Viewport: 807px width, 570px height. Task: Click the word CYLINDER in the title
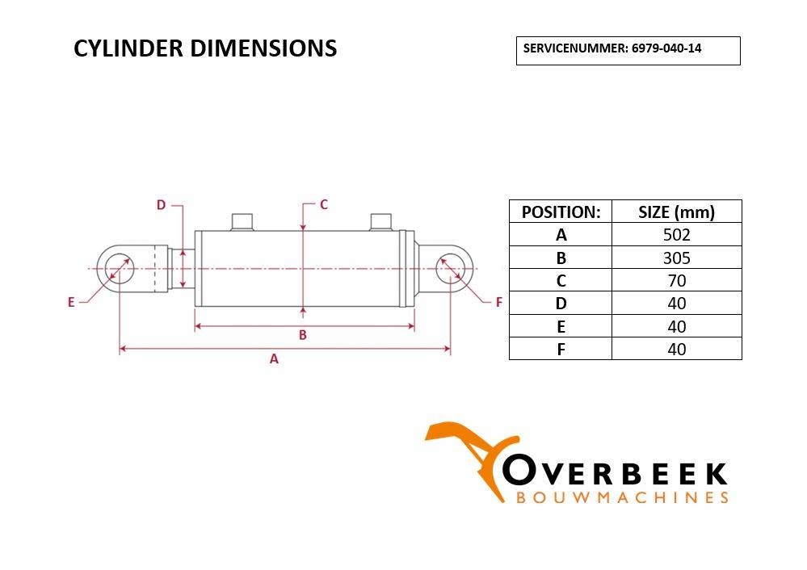click(x=128, y=48)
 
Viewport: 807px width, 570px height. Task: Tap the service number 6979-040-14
click(x=666, y=48)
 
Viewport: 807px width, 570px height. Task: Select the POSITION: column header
click(x=561, y=212)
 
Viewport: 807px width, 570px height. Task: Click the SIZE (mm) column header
click(x=676, y=212)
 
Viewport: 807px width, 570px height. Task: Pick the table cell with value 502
click(x=676, y=235)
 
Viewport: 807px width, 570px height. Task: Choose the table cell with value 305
click(x=676, y=258)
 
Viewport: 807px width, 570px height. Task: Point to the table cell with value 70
click(x=676, y=280)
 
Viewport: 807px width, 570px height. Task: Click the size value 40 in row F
click(x=676, y=350)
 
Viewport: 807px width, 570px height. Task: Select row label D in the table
click(x=561, y=304)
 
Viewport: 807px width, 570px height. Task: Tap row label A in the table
click(x=561, y=235)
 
